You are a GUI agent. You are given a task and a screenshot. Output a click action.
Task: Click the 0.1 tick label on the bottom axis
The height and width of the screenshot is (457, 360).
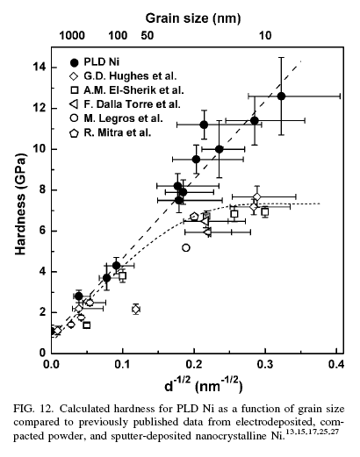click(x=122, y=362)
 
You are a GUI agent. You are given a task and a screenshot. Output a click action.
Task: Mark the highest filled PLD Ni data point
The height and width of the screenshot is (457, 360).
click(x=281, y=96)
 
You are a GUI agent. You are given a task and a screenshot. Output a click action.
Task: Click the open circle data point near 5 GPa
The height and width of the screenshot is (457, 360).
click(x=186, y=248)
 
